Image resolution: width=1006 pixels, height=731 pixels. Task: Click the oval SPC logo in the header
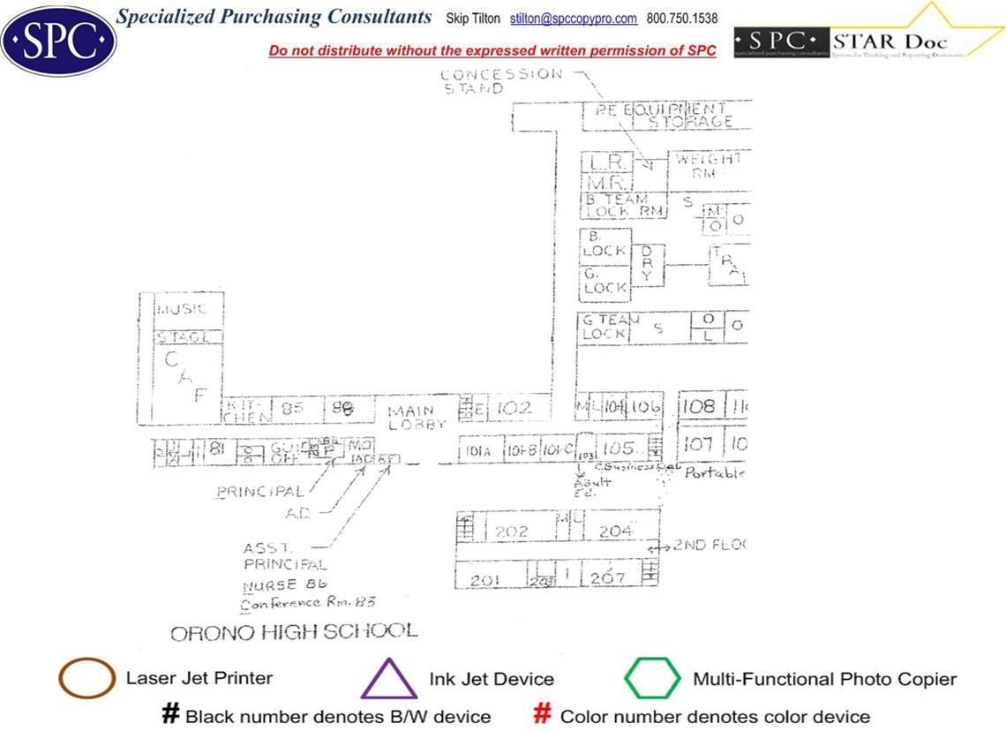coord(58,41)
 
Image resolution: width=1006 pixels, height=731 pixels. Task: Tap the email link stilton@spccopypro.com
coord(574,19)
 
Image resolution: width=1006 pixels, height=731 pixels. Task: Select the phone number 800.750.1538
coord(682,19)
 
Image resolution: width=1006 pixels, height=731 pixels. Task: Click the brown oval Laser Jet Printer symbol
coord(86,679)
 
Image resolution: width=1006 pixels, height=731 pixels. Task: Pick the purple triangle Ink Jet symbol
coord(388,679)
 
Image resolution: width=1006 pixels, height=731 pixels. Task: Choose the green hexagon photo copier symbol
coord(653,679)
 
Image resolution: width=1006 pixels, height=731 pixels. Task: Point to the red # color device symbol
coord(544,714)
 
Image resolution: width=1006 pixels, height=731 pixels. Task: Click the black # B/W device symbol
coord(170,714)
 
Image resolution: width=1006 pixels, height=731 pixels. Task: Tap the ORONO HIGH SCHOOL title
coord(293,632)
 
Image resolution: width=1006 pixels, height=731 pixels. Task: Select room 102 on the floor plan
coord(515,408)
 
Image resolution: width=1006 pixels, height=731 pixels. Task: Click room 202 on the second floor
coord(511,531)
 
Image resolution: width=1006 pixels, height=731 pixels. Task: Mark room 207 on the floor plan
coord(608,577)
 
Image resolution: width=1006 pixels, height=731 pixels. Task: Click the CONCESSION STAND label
coord(500,81)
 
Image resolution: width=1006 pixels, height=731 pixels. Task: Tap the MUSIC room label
coord(182,310)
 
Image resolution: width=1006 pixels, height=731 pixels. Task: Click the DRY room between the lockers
coord(647,263)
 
